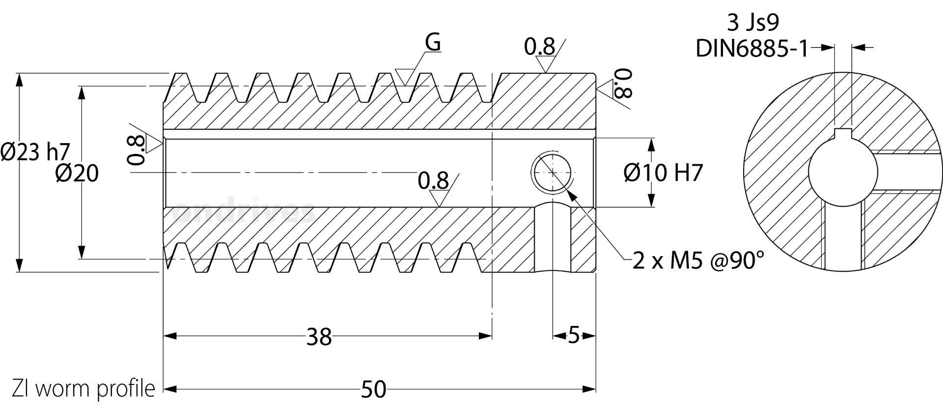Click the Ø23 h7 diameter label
[x=35, y=152]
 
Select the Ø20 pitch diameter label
[x=77, y=173]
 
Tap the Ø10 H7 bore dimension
[x=663, y=173]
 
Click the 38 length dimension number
[x=319, y=337]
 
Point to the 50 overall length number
[x=374, y=390]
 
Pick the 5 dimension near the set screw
[x=574, y=336]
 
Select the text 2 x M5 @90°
[x=698, y=261]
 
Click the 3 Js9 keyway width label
[x=752, y=23]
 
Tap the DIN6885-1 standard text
[x=751, y=49]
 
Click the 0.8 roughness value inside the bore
[x=433, y=181]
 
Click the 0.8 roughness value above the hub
[x=539, y=47]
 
